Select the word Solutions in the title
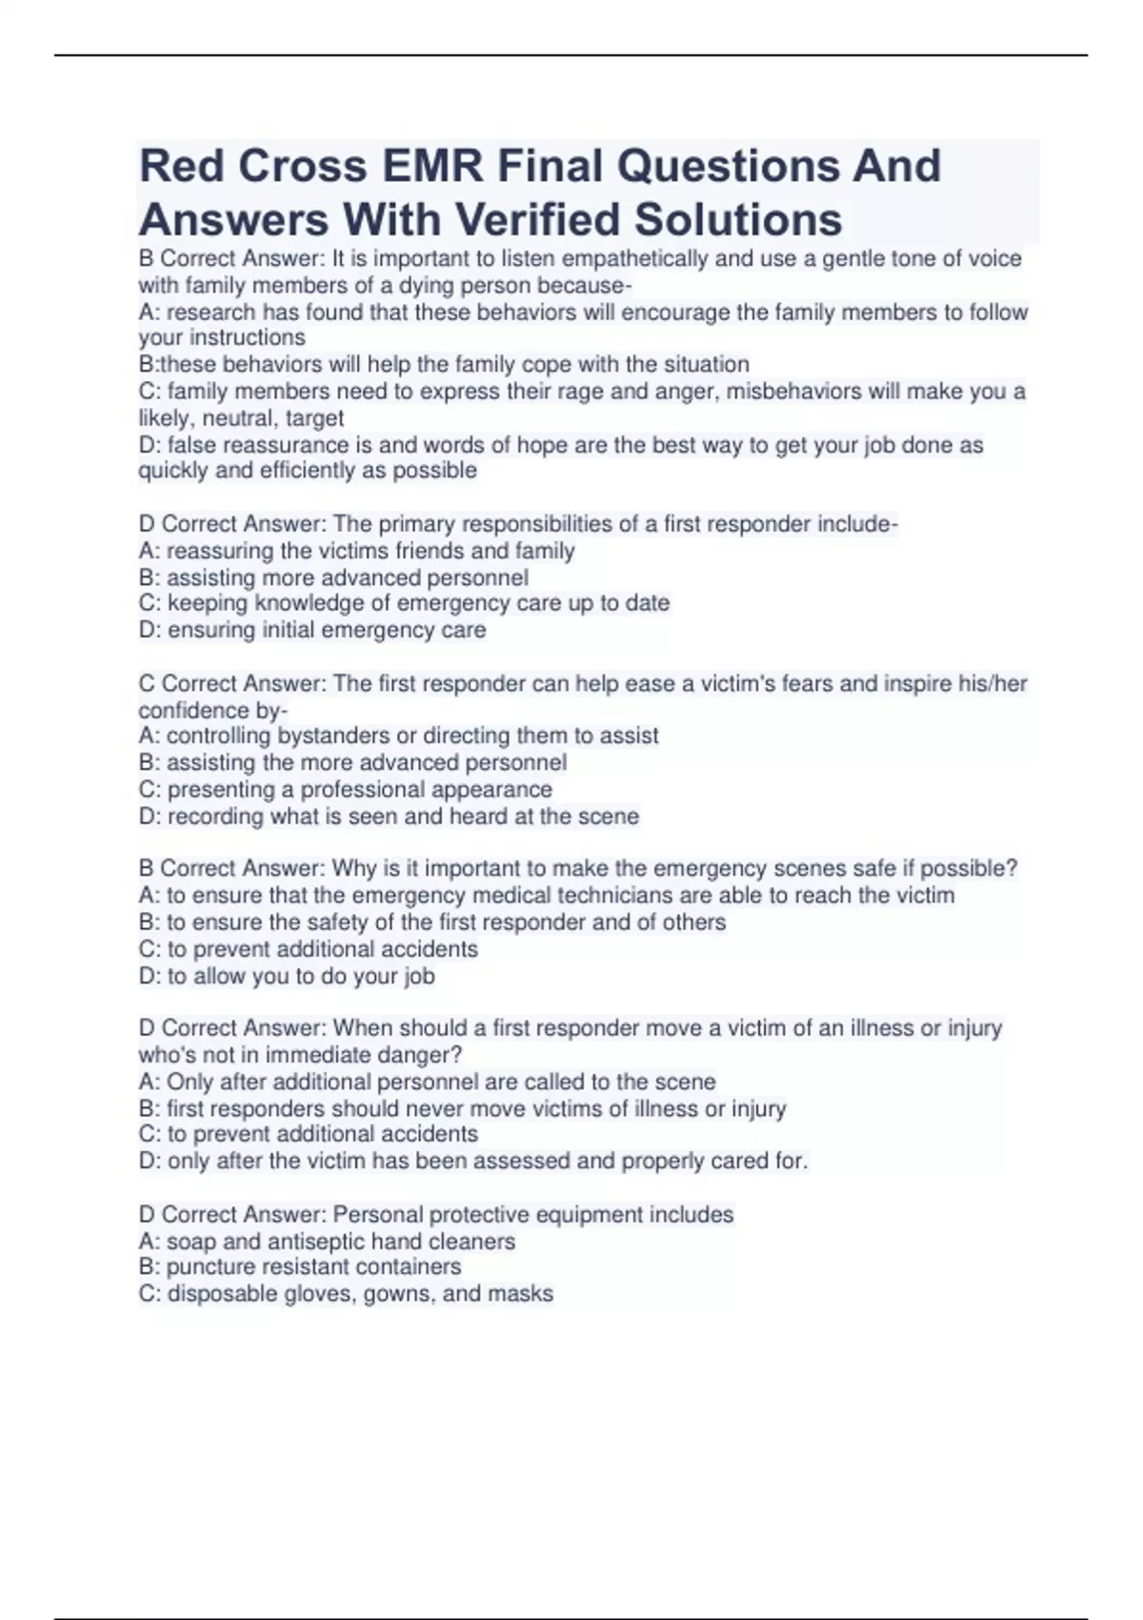point(738,219)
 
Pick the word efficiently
point(317,471)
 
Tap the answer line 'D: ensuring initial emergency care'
point(312,630)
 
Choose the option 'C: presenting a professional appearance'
point(345,790)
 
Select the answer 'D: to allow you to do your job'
point(287,976)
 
